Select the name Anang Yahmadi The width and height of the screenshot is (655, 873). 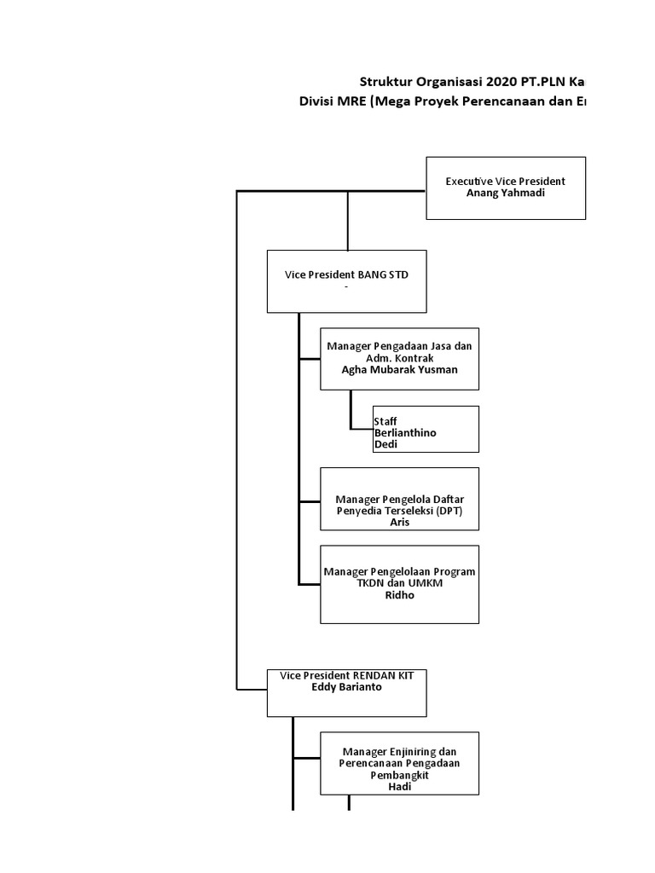[505, 193]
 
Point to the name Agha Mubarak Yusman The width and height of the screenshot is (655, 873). [399, 370]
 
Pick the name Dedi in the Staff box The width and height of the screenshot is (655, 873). [386, 444]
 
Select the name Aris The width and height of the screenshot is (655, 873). [399, 523]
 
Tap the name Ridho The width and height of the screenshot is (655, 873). [399, 595]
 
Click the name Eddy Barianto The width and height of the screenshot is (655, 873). [346, 686]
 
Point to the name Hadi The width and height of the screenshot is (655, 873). [399, 788]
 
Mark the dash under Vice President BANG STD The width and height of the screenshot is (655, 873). [346, 287]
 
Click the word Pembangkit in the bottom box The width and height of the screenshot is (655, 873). [399, 776]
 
